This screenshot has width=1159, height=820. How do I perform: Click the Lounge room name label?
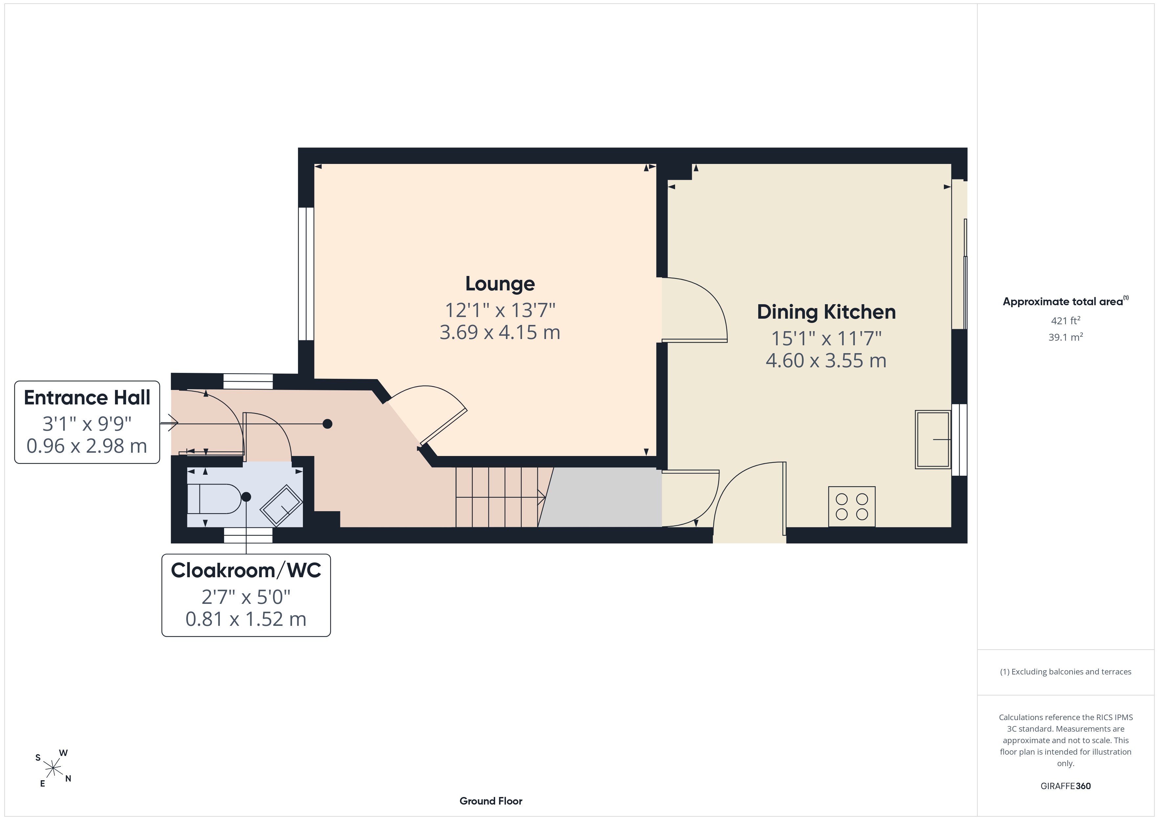click(x=500, y=284)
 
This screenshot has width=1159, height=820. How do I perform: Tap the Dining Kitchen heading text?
click(x=826, y=312)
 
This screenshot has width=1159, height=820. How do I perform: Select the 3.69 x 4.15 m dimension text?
click(x=500, y=332)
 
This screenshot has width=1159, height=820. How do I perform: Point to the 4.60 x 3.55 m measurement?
click(x=826, y=360)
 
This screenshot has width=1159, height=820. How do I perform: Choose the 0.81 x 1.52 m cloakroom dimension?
click(x=246, y=619)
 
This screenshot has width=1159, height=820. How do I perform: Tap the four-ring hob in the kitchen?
click(x=852, y=507)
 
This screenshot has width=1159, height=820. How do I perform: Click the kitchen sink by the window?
click(x=933, y=439)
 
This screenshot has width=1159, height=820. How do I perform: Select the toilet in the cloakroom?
click(x=214, y=499)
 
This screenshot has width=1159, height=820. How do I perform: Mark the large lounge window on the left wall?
click(x=306, y=274)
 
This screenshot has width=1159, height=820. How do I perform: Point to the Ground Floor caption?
click(x=491, y=801)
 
